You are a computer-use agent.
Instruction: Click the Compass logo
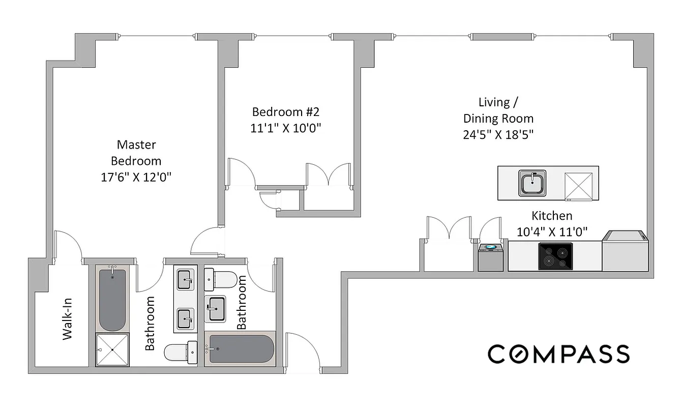pyautogui.click(x=558, y=354)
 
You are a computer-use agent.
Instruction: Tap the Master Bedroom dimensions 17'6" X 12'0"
pyautogui.click(x=136, y=178)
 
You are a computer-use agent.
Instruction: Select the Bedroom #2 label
pyautogui.click(x=285, y=111)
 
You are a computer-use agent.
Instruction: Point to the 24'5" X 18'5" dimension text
pyautogui.click(x=498, y=135)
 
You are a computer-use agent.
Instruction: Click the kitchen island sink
pyautogui.click(x=532, y=183)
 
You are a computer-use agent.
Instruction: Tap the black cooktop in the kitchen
pyautogui.click(x=555, y=256)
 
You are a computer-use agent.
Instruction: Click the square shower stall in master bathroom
pyautogui.click(x=112, y=350)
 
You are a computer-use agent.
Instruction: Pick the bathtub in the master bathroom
pyautogui.click(x=112, y=300)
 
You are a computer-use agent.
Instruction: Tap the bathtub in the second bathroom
pyautogui.click(x=240, y=350)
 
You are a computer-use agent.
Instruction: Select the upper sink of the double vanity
pyautogui.click(x=185, y=279)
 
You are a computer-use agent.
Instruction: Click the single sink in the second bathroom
pyautogui.click(x=217, y=308)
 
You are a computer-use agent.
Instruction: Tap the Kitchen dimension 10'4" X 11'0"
pyautogui.click(x=552, y=232)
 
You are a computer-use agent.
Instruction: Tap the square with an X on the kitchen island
pyautogui.click(x=579, y=184)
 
